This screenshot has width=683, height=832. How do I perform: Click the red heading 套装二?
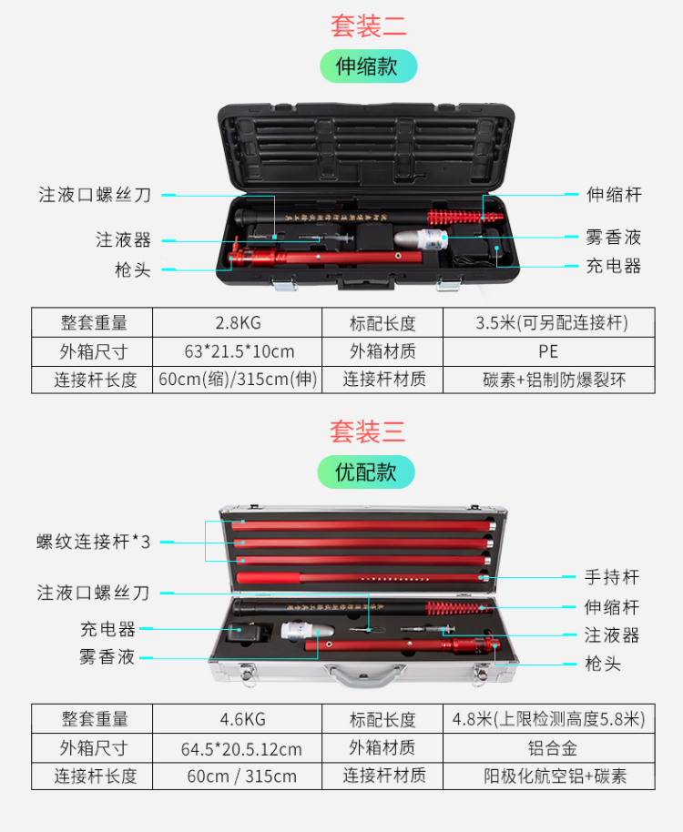click(x=368, y=25)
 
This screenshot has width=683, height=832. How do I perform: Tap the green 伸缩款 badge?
click(x=368, y=66)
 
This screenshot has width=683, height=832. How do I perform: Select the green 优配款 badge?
click(x=366, y=472)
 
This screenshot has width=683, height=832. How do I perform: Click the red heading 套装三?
click(x=367, y=431)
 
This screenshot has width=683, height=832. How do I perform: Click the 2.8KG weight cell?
click(x=237, y=322)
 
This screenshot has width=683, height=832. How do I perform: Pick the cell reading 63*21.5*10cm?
click(x=237, y=351)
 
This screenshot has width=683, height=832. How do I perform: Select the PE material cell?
click(x=549, y=351)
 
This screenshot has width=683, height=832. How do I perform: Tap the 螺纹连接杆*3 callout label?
click(x=94, y=542)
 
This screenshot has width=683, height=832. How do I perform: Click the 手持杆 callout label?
click(x=612, y=577)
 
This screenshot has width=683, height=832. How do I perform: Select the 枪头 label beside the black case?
click(x=133, y=269)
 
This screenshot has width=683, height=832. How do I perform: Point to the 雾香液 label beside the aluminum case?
click(x=107, y=657)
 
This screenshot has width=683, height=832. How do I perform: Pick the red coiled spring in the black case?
click(x=464, y=217)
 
